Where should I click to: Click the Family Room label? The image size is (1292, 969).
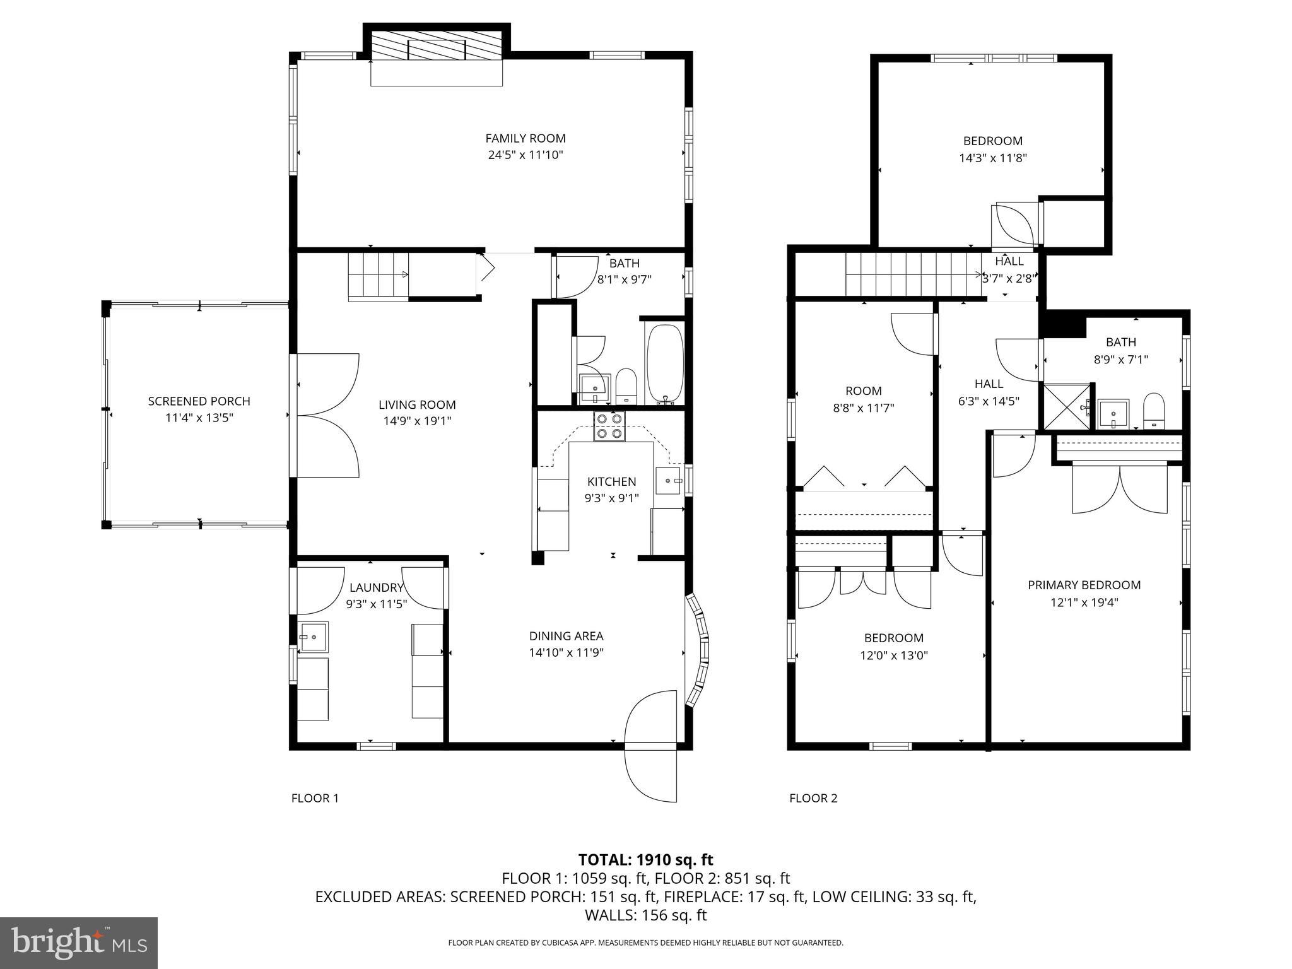coord(525,138)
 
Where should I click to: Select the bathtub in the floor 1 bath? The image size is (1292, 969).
coord(664,363)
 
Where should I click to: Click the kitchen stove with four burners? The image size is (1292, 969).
coord(609,426)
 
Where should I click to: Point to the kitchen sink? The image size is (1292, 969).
coord(668,481)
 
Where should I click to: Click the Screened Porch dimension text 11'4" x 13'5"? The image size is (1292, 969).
coord(199,418)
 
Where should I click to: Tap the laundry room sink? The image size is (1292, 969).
coord(313,637)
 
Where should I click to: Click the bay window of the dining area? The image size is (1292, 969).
coord(698,650)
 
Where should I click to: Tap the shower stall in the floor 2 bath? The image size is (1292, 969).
coord(1066,407)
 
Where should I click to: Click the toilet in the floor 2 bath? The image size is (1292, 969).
coord(1154,411)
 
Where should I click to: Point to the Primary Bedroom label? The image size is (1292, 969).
coord(1084,585)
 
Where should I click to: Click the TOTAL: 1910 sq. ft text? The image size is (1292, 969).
coord(645,859)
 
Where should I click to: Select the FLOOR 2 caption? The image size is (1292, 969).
coord(813,798)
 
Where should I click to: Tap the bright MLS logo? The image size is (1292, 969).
coord(79,943)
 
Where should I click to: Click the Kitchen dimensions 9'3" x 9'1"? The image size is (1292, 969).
coord(611,498)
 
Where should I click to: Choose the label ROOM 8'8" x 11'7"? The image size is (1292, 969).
coord(863,399)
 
